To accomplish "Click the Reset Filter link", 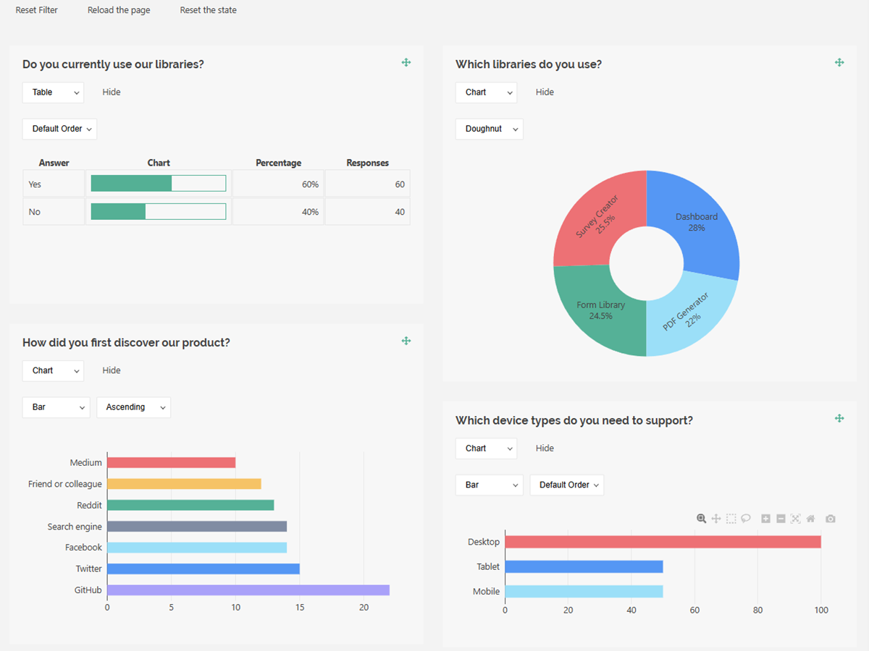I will [37, 10].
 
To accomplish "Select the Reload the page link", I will [119, 10].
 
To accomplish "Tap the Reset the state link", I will [208, 10].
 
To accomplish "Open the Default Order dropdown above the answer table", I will [59, 129].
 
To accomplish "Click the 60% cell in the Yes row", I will [277, 184].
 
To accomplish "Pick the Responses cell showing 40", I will [367, 212].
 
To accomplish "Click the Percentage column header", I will [278, 163].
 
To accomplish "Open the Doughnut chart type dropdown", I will [489, 129].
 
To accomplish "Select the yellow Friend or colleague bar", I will [184, 484].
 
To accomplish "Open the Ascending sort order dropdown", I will [133, 407].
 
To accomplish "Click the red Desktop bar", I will [663, 542].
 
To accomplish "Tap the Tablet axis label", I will [488, 567].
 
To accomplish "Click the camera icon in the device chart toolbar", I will [831, 519].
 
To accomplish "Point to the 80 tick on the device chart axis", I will [757, 610].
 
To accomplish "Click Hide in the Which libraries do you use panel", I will [545, 92].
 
